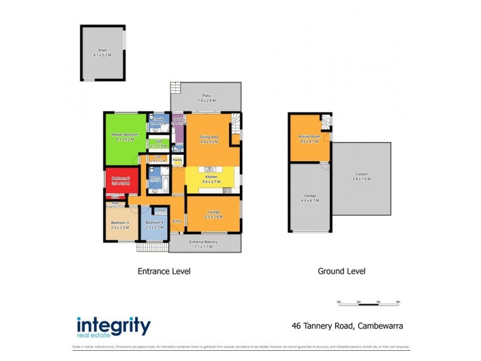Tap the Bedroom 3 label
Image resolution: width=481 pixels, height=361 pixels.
[120, 223]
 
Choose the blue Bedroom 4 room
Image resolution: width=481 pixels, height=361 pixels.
[153, 226]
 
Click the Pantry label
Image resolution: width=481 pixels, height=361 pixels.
[177, 160]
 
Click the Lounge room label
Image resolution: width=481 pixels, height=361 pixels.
[213, 212]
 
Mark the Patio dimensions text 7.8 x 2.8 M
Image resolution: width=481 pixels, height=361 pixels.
[206, 100]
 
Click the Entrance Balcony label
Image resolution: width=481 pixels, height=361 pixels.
[204, 242]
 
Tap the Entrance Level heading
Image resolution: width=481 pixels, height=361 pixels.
[165, 271]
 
